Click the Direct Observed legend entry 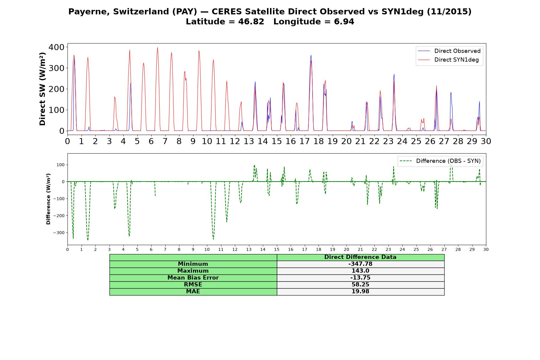point(449,51)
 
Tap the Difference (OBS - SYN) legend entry point(440,161)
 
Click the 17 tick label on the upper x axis point(304,141)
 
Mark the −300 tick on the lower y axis point(58,232)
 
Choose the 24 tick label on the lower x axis point(402,249)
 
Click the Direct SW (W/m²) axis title point(42,89)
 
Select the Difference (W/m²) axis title point(48,199)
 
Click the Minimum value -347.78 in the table point(360,264)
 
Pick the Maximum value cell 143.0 point(360,271)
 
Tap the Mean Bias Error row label point(193,278)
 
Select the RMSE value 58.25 point(360,285)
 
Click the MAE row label point(193,292)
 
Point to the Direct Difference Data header point(360,257)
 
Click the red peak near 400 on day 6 point(157,47)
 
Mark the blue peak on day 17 point(311,55)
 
